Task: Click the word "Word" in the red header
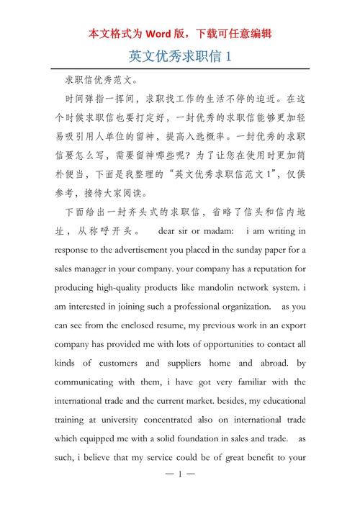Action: click(161, 33)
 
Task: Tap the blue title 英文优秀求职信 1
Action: click(179, 55)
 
